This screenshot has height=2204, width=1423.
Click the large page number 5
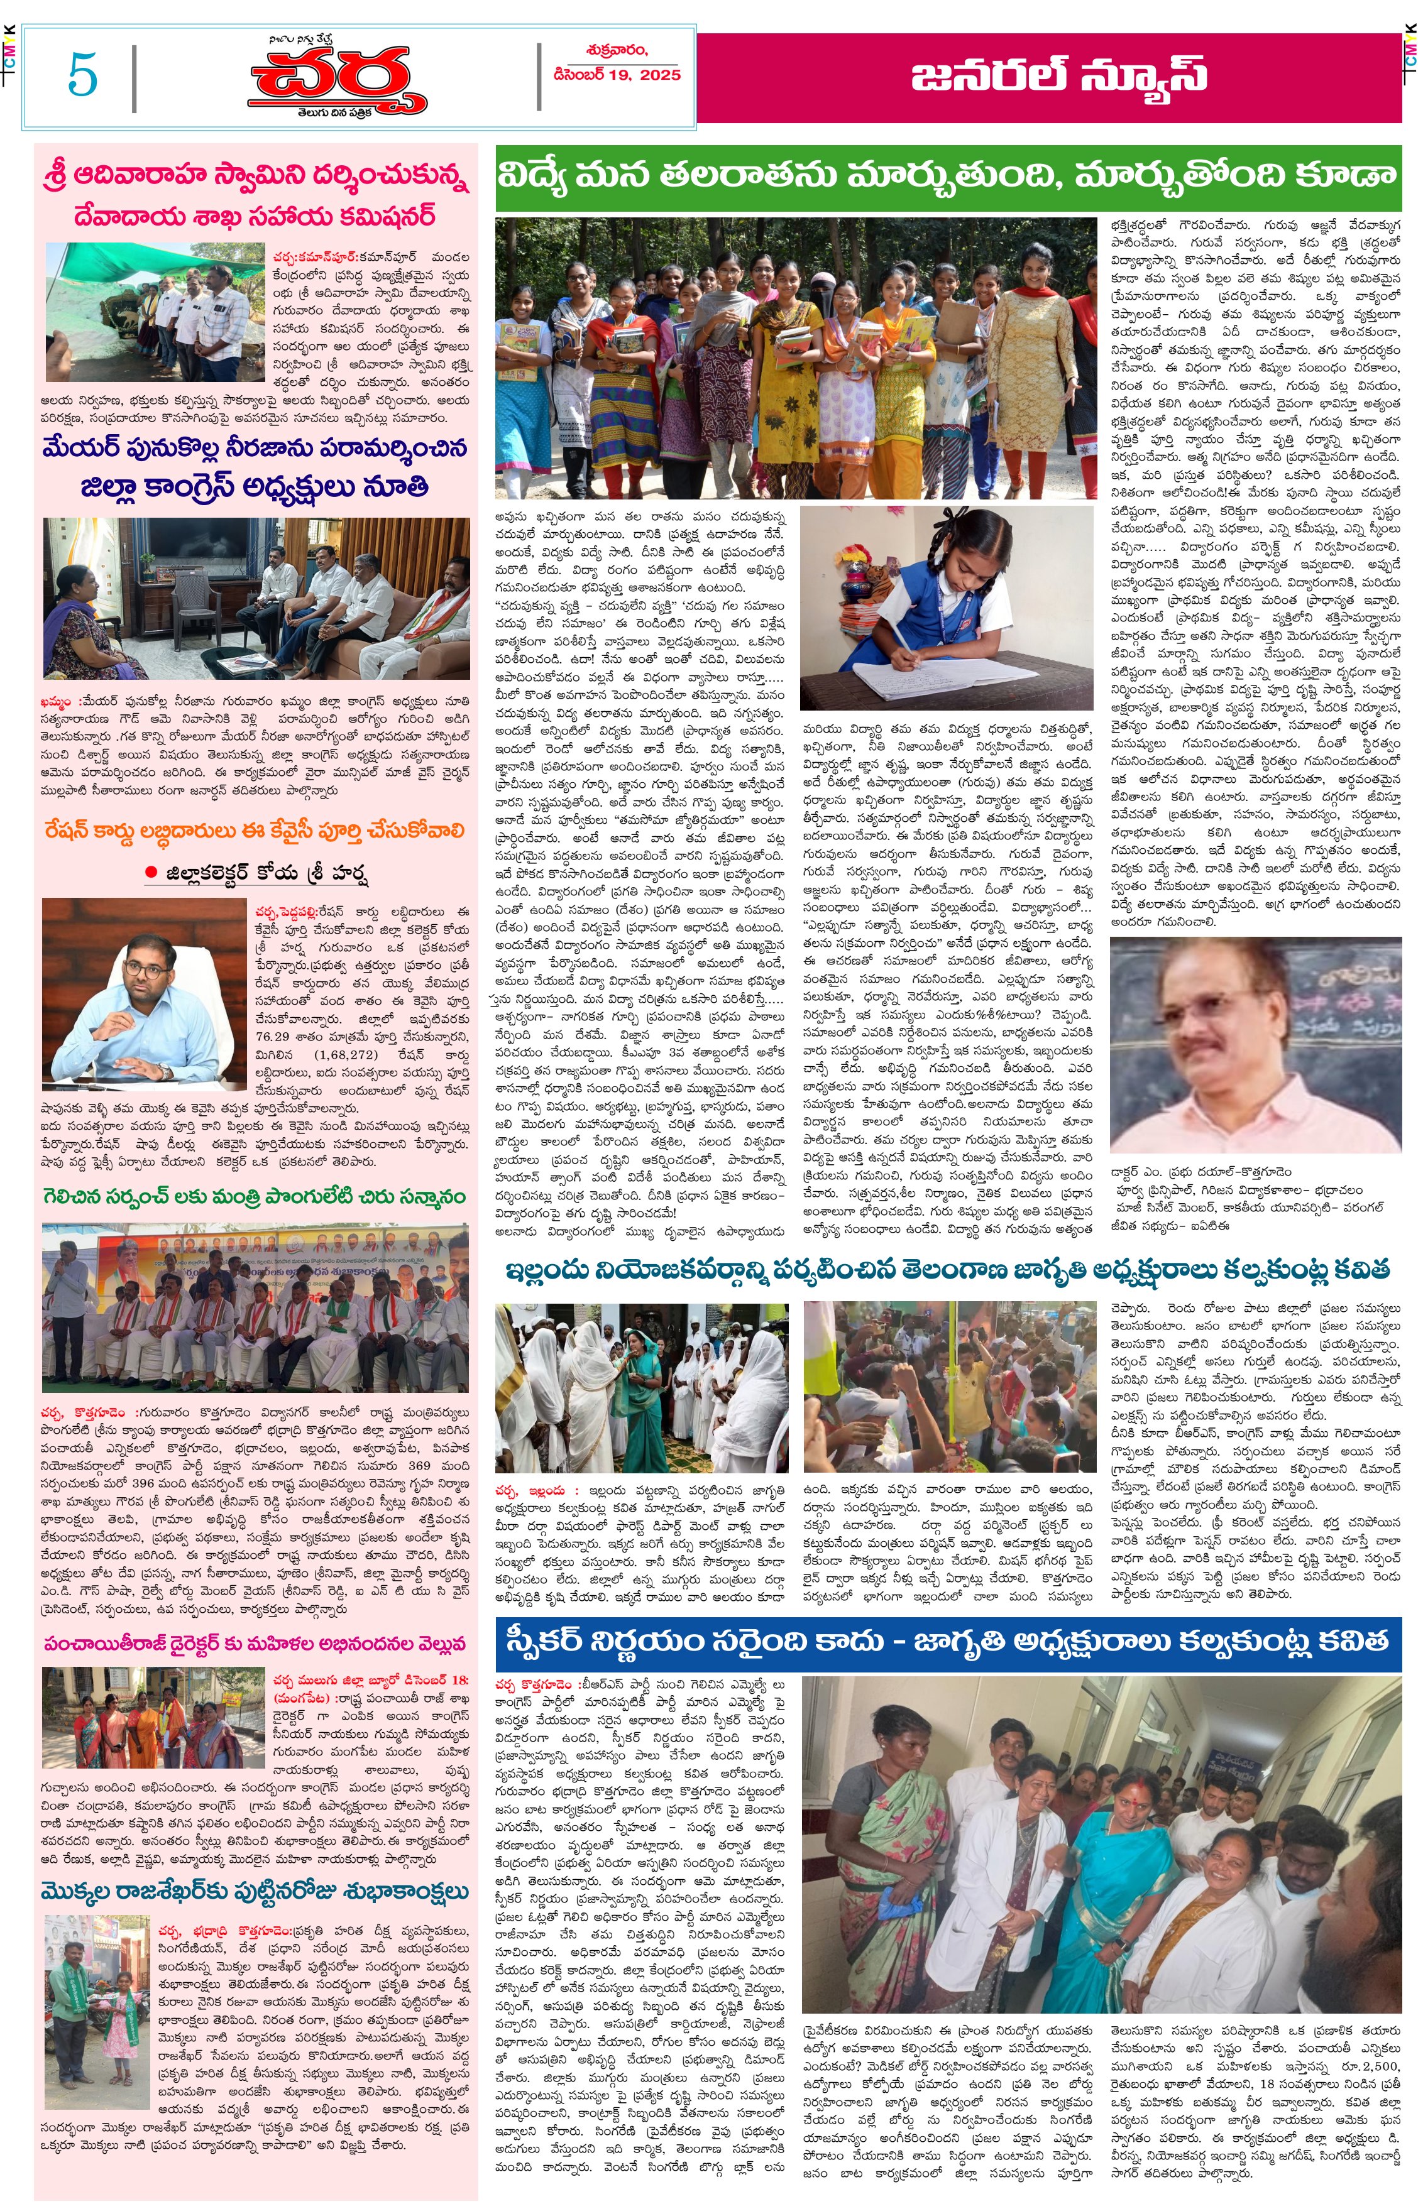82,75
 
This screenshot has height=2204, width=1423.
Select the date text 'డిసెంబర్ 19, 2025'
617,75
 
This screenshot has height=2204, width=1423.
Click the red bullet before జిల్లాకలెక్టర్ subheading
150,872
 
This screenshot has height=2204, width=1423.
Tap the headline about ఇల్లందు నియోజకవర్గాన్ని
947,1271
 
